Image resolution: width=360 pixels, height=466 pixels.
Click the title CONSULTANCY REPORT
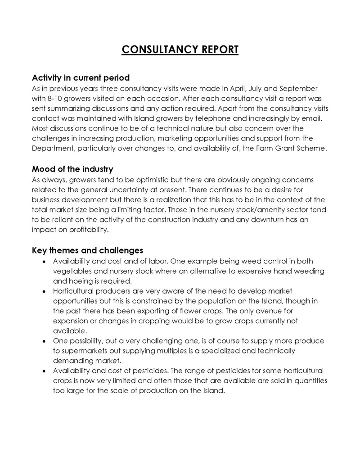(x=180, y=49)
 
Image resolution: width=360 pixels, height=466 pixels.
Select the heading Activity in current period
(x=81, y=77)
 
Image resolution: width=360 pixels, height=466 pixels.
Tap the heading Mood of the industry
(x=72, y=169)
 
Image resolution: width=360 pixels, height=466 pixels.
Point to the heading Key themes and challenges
(x=87, y=250)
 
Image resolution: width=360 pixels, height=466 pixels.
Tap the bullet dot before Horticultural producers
(x=43, y=291)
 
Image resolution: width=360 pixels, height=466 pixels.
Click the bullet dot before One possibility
(x=43, y=341)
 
